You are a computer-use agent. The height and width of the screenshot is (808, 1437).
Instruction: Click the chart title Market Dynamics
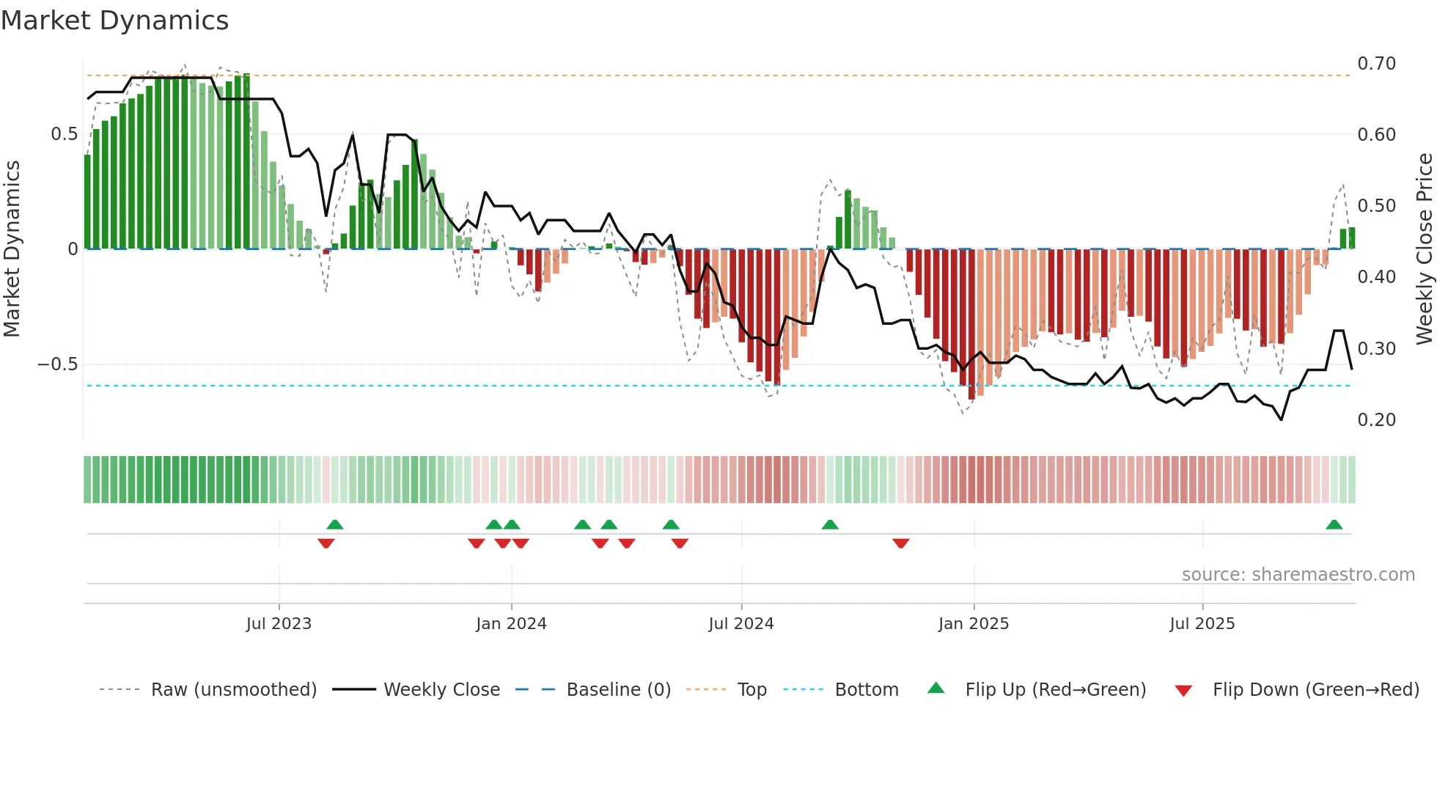(115, 21)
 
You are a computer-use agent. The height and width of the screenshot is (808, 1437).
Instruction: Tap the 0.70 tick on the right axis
(1376, 64)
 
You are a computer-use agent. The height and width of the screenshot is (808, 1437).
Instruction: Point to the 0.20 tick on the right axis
(1376, 420)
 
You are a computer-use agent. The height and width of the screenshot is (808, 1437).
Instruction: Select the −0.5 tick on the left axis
(57, 364)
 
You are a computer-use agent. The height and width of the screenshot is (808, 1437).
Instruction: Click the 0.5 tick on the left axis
(64, 134)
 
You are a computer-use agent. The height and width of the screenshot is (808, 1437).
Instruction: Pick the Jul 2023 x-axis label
(279, 624)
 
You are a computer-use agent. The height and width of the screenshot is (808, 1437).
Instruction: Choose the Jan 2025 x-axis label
(974, 624)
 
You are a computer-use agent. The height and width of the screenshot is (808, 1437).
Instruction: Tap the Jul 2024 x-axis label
(741, 624)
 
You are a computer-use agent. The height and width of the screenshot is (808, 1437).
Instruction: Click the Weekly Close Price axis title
(1424, 249)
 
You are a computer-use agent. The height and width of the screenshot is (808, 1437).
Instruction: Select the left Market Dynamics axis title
(12, 249)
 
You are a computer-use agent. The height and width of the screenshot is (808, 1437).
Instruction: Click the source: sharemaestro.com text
(1298, 575)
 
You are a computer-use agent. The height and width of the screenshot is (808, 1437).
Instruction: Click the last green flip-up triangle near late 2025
(1334, 525)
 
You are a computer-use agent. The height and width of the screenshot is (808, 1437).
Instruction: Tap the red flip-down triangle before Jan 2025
(901, 543)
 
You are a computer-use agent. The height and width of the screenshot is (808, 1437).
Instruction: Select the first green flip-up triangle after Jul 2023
(335, 525)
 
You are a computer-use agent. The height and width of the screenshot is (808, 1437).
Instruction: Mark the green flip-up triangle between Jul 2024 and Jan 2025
(830, 525)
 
